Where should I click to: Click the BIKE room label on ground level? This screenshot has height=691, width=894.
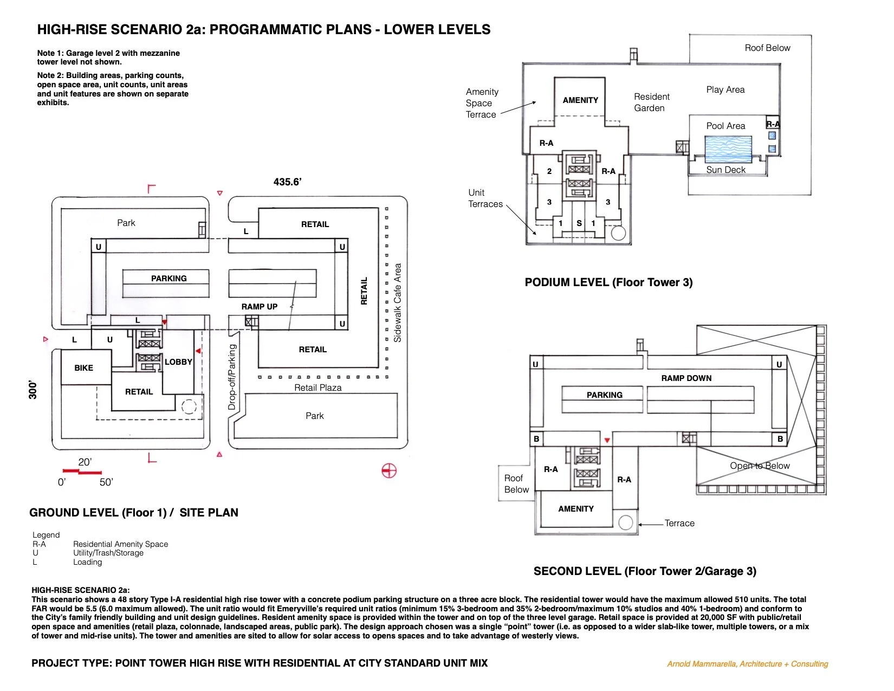click(x=83, y=368)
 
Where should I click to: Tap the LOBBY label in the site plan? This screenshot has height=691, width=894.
click(x=178, y=362)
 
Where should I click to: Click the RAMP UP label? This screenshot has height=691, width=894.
click(x=259, y=307)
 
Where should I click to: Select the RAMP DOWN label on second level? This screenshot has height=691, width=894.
click(x=686, y=378)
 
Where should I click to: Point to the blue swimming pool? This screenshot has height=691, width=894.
click(x=728, y=149)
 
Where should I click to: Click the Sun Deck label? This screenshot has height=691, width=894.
click(x=725, y=170)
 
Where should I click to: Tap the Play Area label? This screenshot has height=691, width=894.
click(x=725, y=90)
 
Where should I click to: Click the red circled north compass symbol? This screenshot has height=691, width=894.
click(x=389, y=471)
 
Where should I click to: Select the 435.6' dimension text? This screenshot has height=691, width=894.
click(x=287, y=182)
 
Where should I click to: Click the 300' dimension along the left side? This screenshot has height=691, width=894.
click(x=33, y=390)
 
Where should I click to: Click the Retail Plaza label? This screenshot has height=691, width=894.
click(x=318, y=388)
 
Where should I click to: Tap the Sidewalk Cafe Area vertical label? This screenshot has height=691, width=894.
click(x=398, y=302)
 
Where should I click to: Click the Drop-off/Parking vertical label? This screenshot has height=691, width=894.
click(x=232, y=377)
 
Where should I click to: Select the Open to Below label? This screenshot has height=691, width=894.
click(x=759, y=466)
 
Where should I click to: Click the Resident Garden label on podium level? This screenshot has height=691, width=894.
click(x=651, y=102)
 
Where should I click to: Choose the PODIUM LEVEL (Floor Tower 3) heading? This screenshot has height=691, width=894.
click(x=608, y=282)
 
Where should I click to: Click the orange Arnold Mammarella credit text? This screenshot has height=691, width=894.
click(x=747, y=664)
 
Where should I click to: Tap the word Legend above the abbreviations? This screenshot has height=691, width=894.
click(x=46, y=535)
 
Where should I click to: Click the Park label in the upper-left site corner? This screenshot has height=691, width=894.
click(x=126, y=223)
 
